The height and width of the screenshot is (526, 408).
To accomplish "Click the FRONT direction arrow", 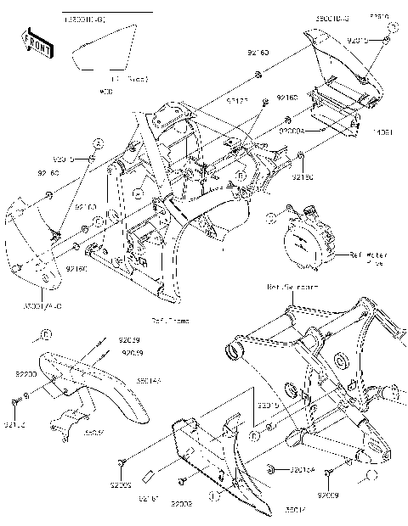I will [x=36, y=44].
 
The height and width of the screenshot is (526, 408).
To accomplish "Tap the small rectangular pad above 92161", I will [x=147, y=474].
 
